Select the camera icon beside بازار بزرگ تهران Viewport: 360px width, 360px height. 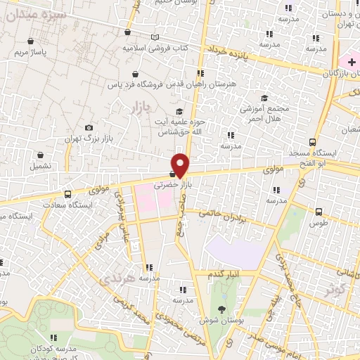89,127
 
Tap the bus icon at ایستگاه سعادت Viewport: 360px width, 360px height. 67,194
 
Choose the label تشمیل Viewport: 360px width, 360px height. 40,167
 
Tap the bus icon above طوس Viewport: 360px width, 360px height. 319,211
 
